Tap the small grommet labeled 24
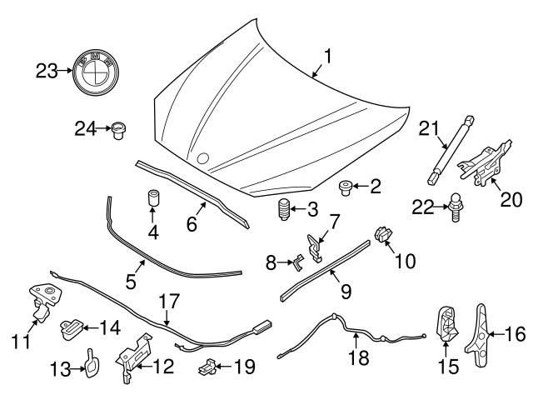click(119, 129)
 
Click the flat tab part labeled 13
click(88, 363)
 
